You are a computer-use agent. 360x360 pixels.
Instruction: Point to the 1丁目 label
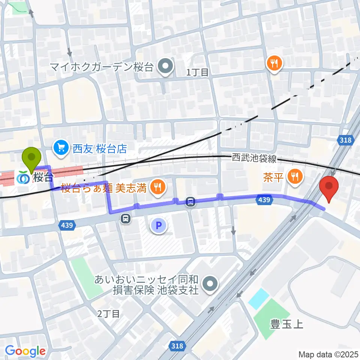point(197,72)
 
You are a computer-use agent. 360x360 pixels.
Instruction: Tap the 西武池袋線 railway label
point(254,159)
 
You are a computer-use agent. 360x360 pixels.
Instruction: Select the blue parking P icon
point(158,226)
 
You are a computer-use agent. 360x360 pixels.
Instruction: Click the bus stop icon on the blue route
point(190,202)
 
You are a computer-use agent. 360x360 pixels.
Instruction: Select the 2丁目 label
point(108,313)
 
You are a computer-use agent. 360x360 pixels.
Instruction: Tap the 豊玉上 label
point(287,323)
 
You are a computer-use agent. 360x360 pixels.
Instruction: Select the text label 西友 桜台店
point(100,149)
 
